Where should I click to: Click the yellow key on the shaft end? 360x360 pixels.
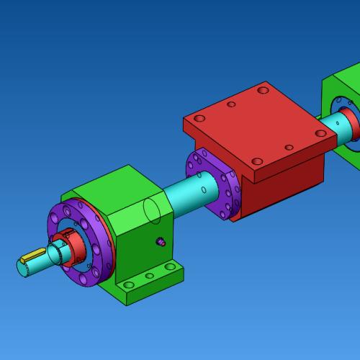click(x=33, y=255)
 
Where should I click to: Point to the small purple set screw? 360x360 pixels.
click(x=161, y=242)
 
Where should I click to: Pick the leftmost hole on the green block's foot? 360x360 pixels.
click(x=128, y=285)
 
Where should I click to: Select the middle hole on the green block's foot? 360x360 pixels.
click(x=149, y=276)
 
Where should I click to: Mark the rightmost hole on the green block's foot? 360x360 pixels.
click(x=169, y=267)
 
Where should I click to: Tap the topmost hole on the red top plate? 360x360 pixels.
click(x=262, y=91)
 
